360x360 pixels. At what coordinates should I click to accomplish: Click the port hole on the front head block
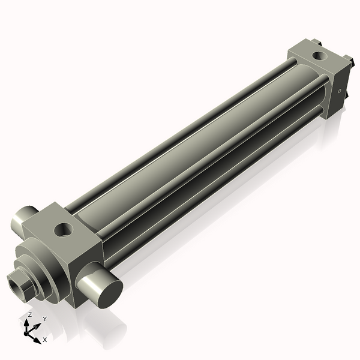pos(62,229)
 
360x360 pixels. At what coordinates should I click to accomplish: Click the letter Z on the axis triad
pos(30,314)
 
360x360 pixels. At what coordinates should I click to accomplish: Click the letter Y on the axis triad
pos(44,319)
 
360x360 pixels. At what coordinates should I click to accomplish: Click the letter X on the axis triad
pos(45,340)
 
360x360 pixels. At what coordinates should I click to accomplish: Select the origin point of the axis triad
pos(28,332)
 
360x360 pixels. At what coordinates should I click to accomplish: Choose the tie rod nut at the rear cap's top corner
pos(317,41)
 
